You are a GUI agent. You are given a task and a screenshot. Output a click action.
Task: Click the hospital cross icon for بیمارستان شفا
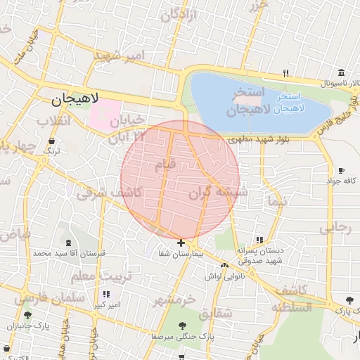(181, 243)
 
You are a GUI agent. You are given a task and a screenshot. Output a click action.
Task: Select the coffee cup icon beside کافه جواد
(341, 171)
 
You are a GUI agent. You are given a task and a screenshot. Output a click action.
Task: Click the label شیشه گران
(219, 193)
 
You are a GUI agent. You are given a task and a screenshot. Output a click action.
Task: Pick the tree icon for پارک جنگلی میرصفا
(183, 326)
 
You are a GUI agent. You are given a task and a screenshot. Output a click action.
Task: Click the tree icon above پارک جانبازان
(27, 315)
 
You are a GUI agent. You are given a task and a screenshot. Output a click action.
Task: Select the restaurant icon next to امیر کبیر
(107, 294)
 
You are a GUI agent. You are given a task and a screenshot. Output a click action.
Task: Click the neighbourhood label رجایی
(334, 228)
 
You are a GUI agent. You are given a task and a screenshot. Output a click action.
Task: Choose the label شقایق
(214, 314)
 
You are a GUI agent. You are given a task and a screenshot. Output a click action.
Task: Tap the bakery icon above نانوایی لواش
(224, 265)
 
